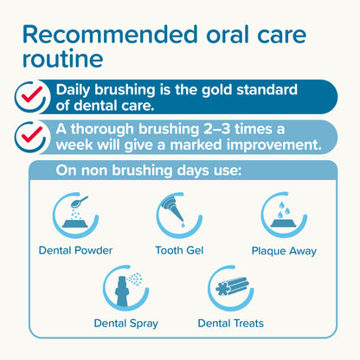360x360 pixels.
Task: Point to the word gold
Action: click(x=222, y=89)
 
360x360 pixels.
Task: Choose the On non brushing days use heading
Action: click(x=148, y=170)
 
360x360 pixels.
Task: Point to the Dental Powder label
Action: click(x=75, y=251)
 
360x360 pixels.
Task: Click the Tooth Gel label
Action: click(x=179, y=251)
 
